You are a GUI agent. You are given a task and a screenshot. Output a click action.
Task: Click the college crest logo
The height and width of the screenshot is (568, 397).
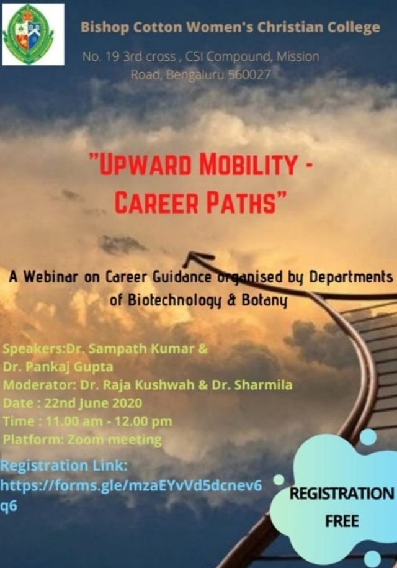pos(33,34)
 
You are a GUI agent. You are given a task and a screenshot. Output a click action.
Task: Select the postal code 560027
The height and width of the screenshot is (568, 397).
pos(249,74)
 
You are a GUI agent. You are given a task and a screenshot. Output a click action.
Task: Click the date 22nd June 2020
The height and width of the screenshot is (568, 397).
pos(93,403)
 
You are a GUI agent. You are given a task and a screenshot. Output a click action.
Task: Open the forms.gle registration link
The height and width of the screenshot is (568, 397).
pos(131,495)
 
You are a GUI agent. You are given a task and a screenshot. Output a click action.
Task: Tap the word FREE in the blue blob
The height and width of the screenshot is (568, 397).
pos(342,521)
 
